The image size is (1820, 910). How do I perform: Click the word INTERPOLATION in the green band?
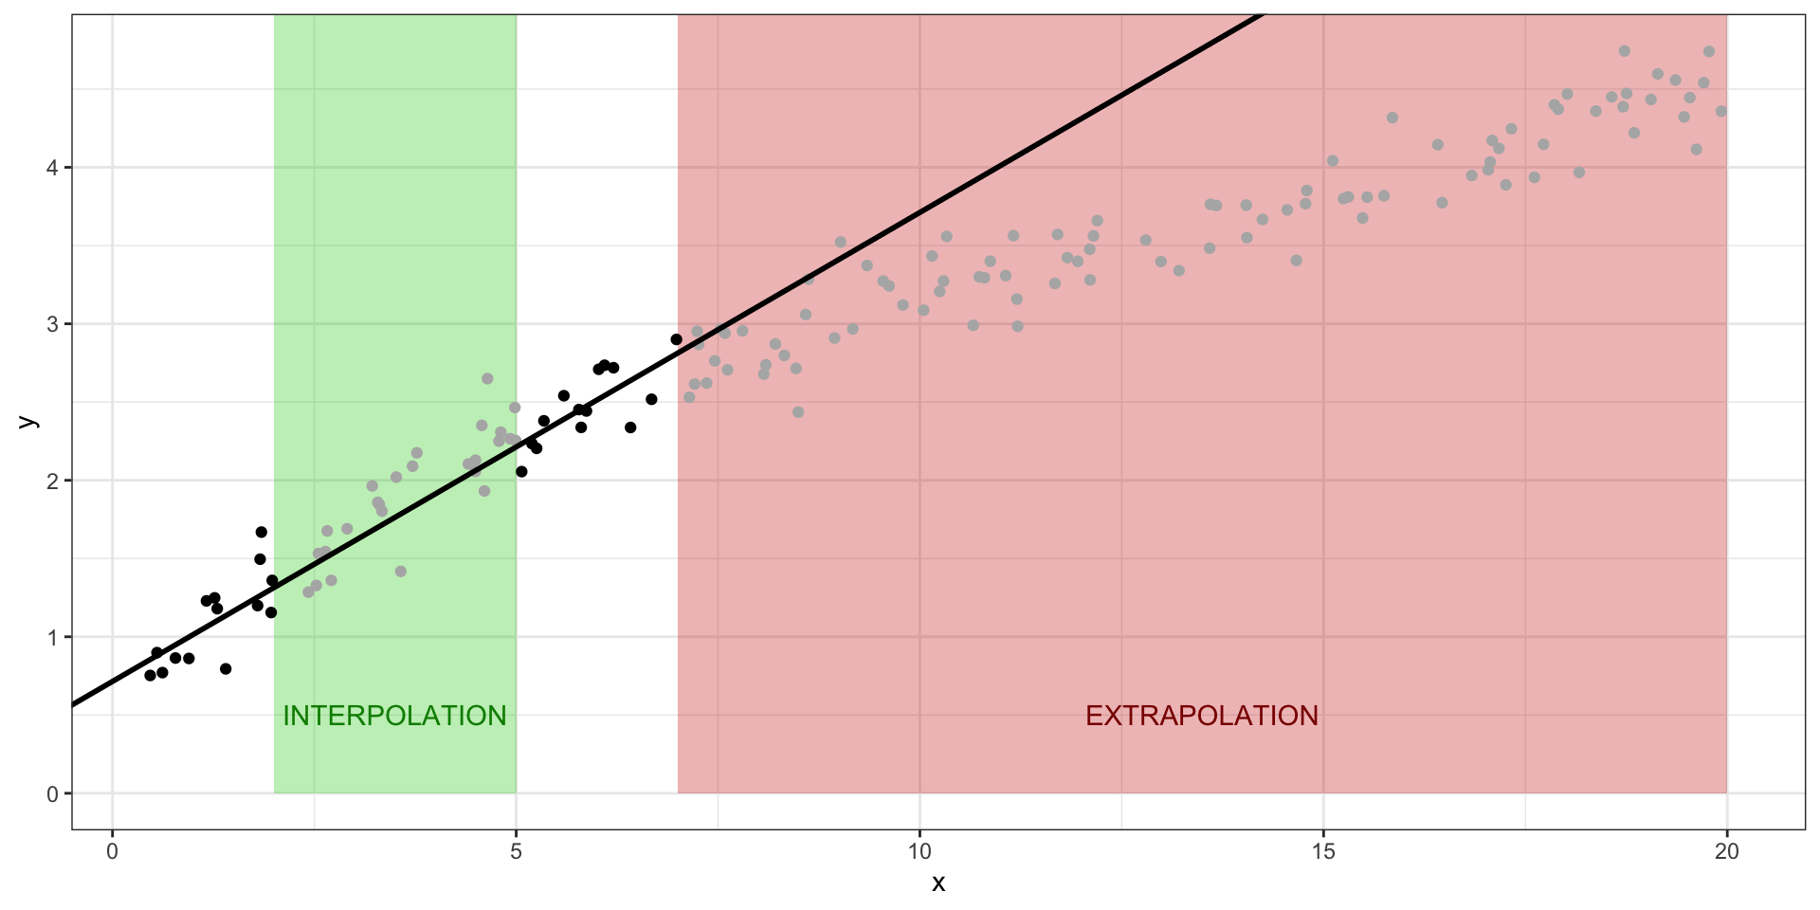coord(394,716)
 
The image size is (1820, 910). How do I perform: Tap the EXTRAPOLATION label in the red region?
coord(1201,716)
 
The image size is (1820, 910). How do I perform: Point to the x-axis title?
coord(938,884)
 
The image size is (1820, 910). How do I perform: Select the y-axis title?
coord(29,422)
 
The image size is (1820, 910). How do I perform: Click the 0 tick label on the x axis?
coord(113,852)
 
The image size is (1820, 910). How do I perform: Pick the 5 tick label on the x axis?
coord(516,852)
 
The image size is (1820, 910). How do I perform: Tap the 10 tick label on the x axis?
coord(919,852)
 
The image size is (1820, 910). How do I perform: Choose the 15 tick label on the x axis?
coord(1323,852)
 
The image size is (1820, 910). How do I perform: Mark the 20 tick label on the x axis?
coord(1726,852)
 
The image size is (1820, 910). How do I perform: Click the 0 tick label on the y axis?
coord(52,794)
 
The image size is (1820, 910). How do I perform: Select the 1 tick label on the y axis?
coord(52,637)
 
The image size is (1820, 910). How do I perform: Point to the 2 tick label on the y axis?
coord(52,481)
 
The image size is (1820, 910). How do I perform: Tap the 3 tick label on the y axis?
coord(52,324)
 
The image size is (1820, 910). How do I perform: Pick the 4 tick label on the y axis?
coord(52,168)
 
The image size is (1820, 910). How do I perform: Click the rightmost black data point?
coord(676,339)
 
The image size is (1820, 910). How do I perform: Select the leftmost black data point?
coord(150,675)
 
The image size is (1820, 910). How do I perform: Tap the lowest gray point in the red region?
coord(798,412)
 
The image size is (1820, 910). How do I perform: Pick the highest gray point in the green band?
coord(487,378)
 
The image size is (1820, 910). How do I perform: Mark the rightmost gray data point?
coord(1721,111)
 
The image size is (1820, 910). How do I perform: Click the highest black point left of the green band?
coord(262,532)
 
